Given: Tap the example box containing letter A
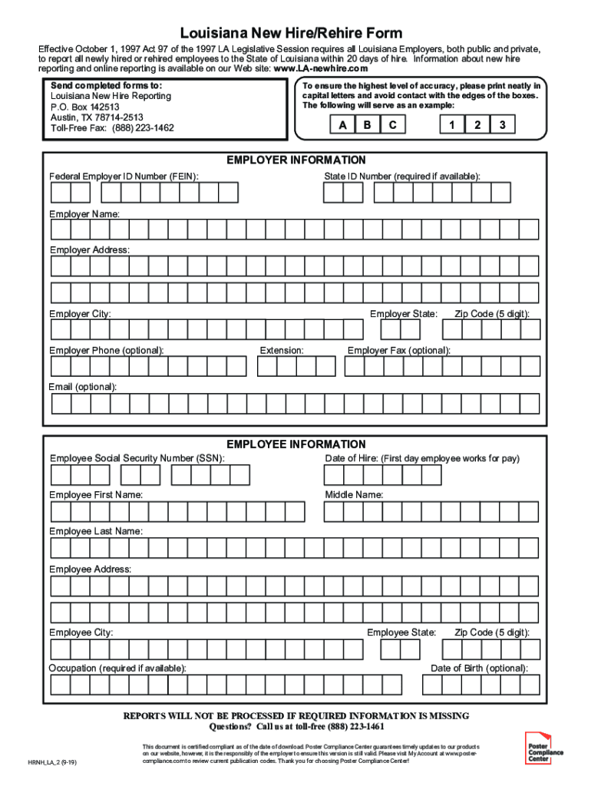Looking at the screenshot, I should (x=341, y=124).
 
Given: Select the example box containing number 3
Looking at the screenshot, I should (x=502, y=124).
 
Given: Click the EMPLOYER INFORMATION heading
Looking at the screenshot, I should (x=295, y=160).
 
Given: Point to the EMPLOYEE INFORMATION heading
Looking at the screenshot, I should (x=295, y=444).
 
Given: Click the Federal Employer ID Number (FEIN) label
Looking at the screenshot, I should (x=124, y=177).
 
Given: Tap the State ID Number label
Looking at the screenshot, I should (x=402, y=177).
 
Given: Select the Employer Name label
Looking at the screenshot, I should (x=84, y=214).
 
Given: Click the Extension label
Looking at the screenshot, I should (x=282, y=350).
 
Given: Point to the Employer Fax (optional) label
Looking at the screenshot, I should (x=398, y=350).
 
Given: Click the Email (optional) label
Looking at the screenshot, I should (x=83, y=387).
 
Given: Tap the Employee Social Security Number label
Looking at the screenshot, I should (x=137, y=458).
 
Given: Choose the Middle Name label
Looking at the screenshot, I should (x=354, y=495).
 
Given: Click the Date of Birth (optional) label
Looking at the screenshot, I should (x=479, y=668).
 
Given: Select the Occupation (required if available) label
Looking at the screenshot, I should (x=117, y=668).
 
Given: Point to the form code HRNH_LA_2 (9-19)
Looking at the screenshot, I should (x=58, y=763).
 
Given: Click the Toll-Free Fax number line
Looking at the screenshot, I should (x=112, y=128).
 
